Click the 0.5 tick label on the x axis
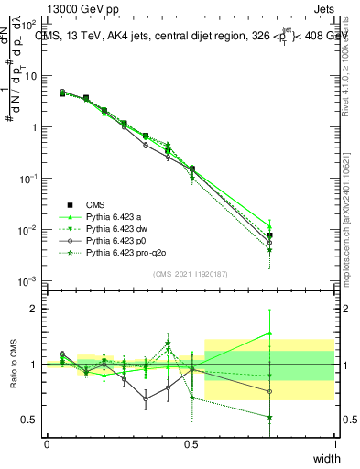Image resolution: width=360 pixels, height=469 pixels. point(191,443)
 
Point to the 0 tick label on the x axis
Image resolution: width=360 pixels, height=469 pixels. point(47,443)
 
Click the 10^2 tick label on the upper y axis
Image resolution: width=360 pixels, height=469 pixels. point(29,25)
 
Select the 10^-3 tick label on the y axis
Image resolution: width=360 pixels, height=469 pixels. point(29,280)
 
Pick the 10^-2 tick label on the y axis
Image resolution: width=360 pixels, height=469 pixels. point(29,229)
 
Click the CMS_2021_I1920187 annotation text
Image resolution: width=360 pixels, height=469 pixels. point(191,274)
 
